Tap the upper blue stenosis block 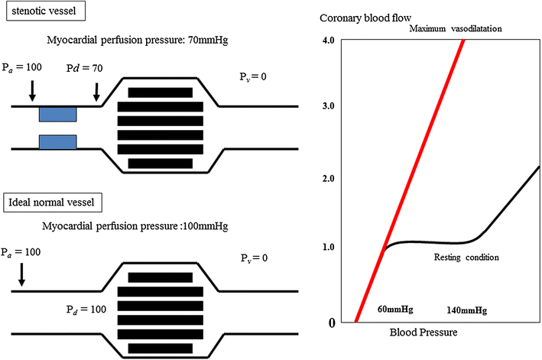click(x=57, y=114)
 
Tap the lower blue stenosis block click(x=57, y=141)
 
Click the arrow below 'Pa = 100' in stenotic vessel click(x=31, y=91)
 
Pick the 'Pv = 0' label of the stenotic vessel click(x=256, y=76)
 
